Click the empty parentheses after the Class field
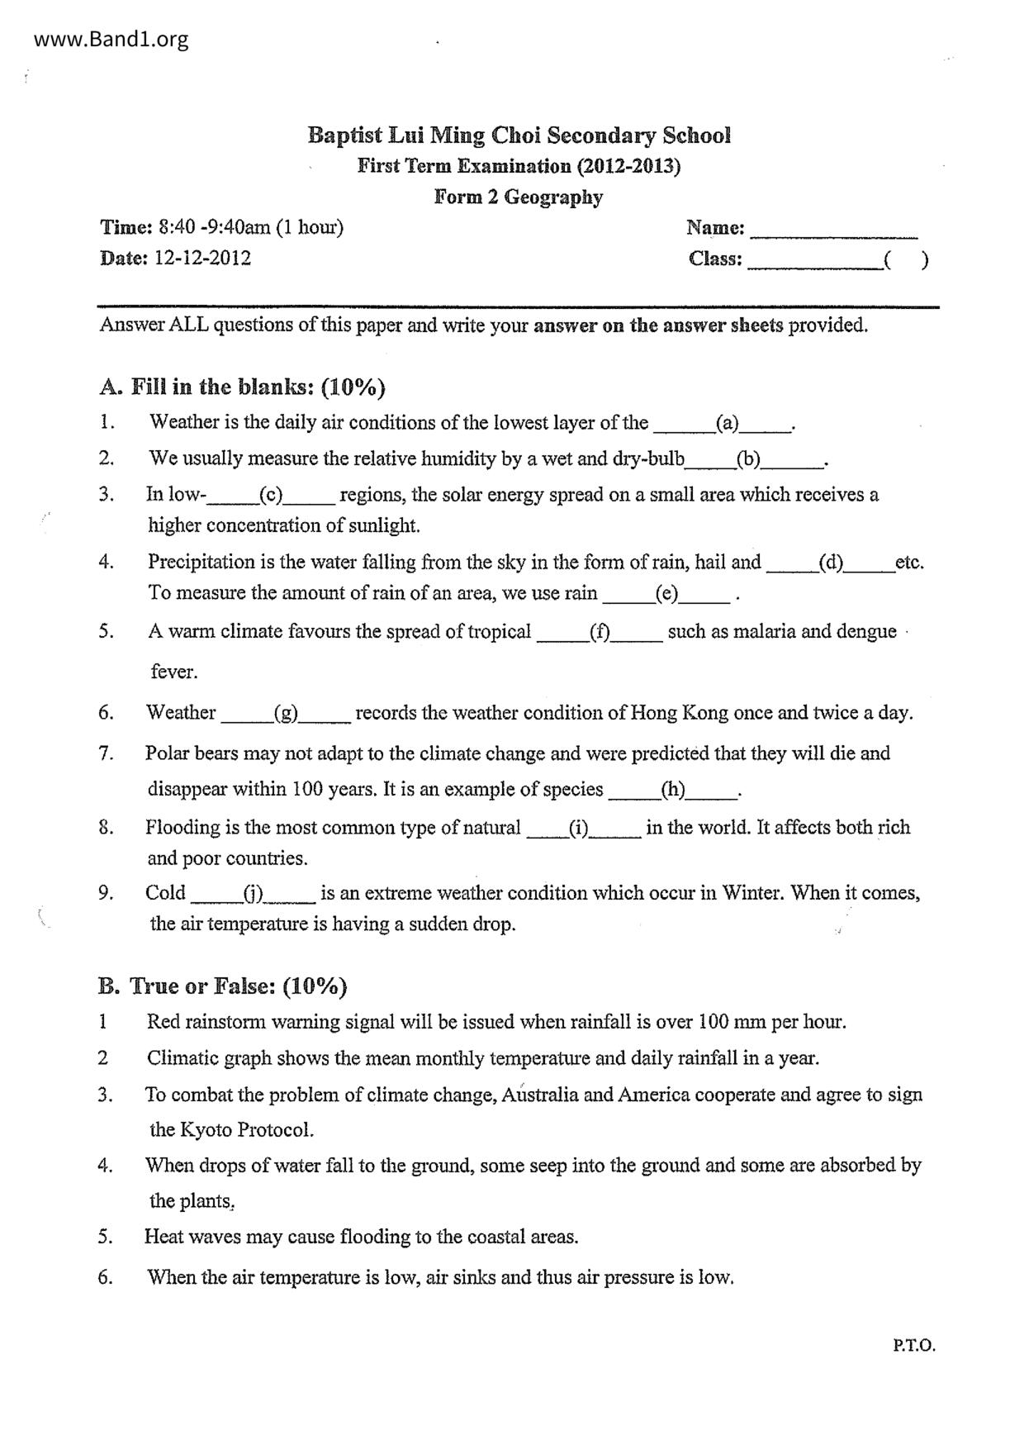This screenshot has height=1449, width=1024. (x=906, y=260)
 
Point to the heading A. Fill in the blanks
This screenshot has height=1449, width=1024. (x=242, y=387)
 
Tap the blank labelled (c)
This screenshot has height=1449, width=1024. (x=271, y=496)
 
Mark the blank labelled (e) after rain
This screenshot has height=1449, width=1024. (x=666, y=594)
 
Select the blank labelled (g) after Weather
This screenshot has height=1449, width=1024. (x=287, y=713)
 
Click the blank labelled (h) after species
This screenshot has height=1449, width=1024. (x=673, y=790)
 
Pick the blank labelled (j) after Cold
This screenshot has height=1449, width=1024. (x=252, y=894)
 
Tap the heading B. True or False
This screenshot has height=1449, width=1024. (x=222, y=986)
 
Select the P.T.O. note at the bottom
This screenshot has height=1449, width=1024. (x=913, y=1346)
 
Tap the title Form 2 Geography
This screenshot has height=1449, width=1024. (x=519, y=197)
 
